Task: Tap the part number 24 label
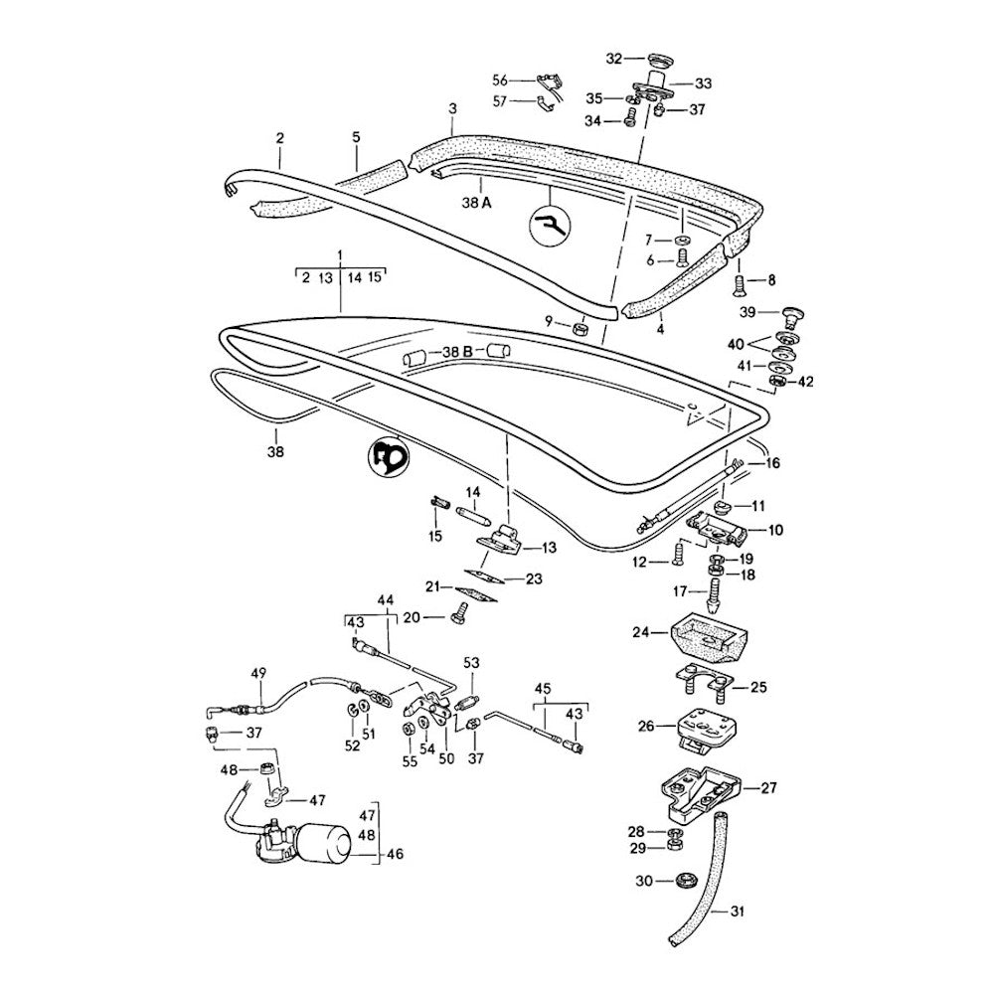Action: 642,631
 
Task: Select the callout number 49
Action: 258,673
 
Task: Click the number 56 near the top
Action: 500,80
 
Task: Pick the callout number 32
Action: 613,59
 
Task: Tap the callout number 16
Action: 772,463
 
